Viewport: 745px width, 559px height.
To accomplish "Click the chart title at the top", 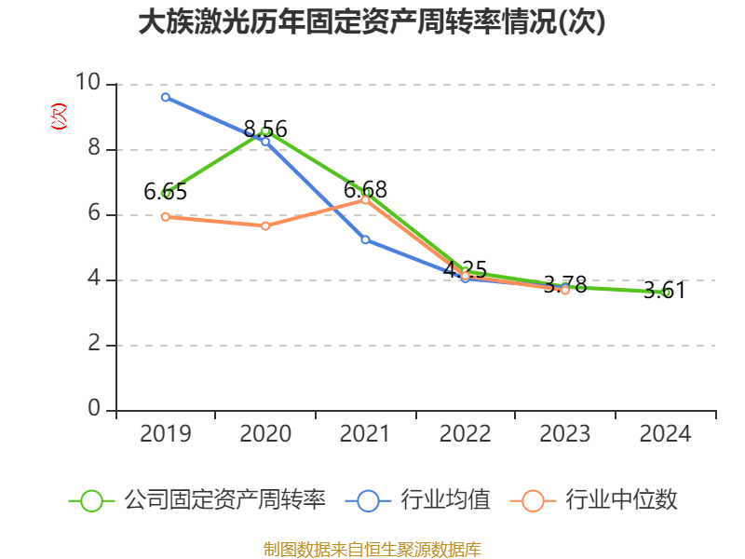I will [372, 22].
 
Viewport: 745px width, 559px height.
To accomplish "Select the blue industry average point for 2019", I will [166, 97].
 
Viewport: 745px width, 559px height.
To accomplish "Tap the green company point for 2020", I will [265, 131].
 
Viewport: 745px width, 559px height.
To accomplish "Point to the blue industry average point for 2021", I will [365, 239].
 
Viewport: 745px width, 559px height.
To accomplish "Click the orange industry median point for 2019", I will [166, 216].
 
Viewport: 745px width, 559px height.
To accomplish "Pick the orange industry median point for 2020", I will [265, 226].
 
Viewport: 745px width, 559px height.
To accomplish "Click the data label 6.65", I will [166, 193].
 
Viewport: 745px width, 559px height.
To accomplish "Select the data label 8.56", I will [265, 130].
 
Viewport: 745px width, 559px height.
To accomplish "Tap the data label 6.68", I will [365, 190].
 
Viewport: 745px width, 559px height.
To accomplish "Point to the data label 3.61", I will [665, 291].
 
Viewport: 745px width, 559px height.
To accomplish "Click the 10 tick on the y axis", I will [92, 84].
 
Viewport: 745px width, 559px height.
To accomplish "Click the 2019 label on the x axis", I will [166, 434].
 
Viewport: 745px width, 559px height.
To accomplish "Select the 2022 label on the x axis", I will [465, 434].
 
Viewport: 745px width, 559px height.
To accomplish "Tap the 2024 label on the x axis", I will [665, 434].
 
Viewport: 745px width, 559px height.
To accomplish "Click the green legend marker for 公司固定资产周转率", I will [91, 500].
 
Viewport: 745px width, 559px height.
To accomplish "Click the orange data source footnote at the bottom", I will [372, 550].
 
